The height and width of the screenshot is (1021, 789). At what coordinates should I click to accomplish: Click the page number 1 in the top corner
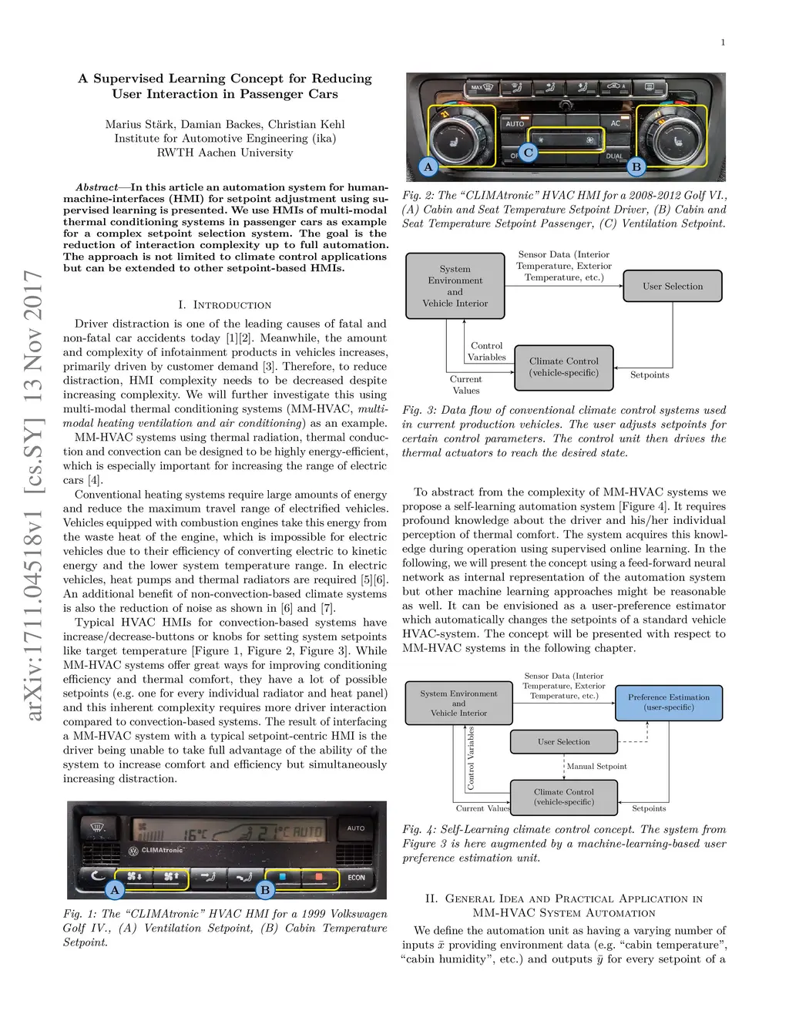click(x=723, y=42)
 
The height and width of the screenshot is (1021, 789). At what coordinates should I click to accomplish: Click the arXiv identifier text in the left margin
click(x=33, y=495)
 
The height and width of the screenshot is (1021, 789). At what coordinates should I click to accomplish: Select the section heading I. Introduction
click(x=224, y=305)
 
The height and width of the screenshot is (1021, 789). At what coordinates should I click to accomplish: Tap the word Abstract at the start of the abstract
click(x=97, y=187)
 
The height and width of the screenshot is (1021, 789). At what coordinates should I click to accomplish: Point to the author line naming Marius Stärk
click(x=225, y=124)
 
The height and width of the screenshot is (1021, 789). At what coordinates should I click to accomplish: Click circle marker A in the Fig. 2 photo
click(x=428, y=166)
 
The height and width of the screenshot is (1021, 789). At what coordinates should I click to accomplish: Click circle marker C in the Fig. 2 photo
click(x=529, y=153)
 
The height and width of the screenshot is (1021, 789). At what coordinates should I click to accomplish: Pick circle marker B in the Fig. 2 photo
click(x=636, y=166)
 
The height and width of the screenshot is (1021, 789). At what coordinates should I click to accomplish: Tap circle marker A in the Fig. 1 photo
click(x=115, y=890)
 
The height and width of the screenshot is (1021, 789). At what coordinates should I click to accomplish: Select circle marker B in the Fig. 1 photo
click(x=265, y=890)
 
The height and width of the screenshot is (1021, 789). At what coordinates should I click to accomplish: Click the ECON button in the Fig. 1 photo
click(x=356, y=877)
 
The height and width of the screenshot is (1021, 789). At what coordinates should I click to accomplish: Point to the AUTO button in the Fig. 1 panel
click(x=356, y=828)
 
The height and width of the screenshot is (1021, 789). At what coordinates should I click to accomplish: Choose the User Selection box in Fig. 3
click(x=673, y=286)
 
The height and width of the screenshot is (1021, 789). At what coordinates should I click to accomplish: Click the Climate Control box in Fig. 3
click(x=564, y=367)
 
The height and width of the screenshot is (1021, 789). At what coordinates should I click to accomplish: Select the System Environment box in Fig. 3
click(x=455, y=286)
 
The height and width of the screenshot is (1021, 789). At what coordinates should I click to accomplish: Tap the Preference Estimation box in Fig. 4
click(x=669, y=702)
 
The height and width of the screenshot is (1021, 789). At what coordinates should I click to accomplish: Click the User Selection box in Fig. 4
click(x=564, y=742)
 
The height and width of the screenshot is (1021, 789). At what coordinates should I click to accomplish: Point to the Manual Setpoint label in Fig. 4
click(x=596, y=767)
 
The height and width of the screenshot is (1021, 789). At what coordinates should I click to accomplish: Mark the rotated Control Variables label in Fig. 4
click(x=471, y=758)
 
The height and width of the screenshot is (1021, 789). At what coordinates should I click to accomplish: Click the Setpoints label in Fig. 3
click(x=650, y=375)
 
